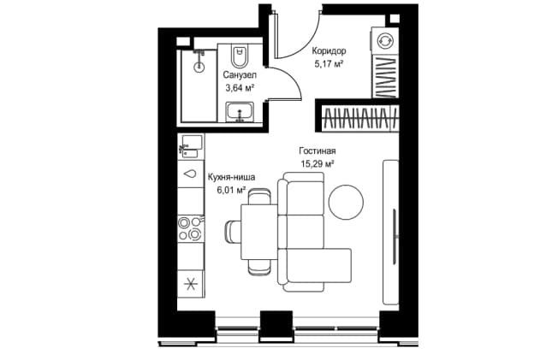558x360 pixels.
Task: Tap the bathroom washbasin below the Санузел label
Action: [240, 112]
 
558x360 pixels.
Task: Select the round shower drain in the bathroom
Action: [199, 67]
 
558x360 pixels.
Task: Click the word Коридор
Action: [329, 51]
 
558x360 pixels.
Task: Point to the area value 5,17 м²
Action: [329, 64]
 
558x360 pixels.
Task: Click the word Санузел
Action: [240, 75]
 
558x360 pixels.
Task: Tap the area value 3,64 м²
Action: [240, 87]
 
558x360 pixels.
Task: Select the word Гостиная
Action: [317, 150]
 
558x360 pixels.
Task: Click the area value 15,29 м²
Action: [318, 163]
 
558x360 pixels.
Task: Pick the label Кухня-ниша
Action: [231, 177]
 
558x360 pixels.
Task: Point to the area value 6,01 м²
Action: [232, 190]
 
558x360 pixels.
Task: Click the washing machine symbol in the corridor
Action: [384, 40]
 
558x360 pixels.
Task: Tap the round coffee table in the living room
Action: [346, 203]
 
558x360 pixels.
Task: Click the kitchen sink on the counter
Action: [192, 146]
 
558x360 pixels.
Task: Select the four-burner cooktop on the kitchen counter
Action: [191, 228]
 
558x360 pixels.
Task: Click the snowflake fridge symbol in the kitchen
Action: [191, 284]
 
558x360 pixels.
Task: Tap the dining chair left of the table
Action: [234, 231]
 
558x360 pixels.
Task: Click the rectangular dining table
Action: [259, 232]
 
